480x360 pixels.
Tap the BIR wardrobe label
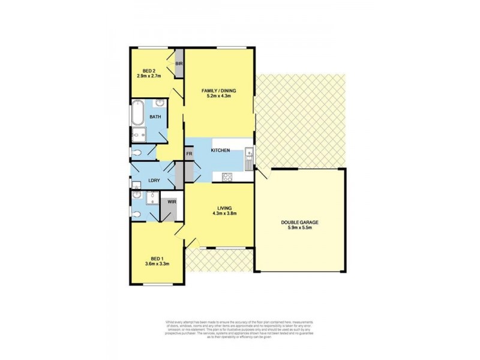(x=178, y=63)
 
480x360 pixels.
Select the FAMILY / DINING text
(x=219, y=90)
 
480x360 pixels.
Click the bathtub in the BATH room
(x=136, y=114)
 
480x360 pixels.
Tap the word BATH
(x=155, y=117)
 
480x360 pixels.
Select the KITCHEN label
(x=220, y=151)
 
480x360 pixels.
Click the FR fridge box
(x=189, y=154)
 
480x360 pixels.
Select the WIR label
(x=172, y=203)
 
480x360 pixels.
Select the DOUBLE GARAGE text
(x=299, y=222)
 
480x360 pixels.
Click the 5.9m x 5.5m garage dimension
(x=299, y=228)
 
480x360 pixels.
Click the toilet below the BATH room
(x=137, y=153)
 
